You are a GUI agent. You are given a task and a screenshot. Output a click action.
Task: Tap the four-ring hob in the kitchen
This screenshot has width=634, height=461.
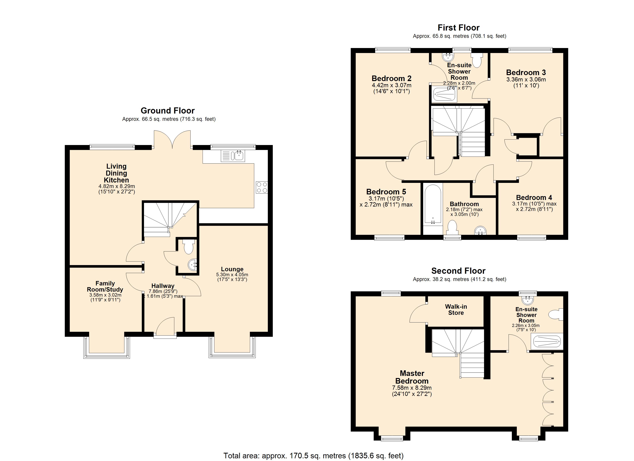[x=262, y=187]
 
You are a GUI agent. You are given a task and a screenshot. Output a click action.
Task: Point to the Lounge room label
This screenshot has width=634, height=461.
[x=232, y=269]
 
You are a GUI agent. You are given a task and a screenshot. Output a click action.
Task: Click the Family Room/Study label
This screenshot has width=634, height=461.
[x=105, y=286]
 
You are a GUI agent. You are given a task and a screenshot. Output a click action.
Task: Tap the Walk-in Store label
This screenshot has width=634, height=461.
[x=456, y=309]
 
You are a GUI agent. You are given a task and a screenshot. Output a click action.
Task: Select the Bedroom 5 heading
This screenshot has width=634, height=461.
[x=386, y=192]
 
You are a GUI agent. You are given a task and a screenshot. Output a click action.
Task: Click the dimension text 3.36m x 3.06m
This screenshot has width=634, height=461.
[x=526, y=79]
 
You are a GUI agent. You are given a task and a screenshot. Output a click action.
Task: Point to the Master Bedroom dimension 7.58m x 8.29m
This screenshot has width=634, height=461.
[x=412, y=388]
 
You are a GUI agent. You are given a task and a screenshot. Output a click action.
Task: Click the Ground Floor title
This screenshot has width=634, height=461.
[x=168, y=110]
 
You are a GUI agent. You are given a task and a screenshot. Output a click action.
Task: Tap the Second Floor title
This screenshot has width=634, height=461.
[x=458, y=271]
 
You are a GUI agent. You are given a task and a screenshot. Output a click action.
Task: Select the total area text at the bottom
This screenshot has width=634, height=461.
[x=313, y=456]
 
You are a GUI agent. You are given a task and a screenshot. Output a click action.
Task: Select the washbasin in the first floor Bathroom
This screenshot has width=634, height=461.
[x=480, y=231]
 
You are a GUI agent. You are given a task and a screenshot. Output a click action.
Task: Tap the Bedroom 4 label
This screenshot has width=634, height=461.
[x=534, y=197]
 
